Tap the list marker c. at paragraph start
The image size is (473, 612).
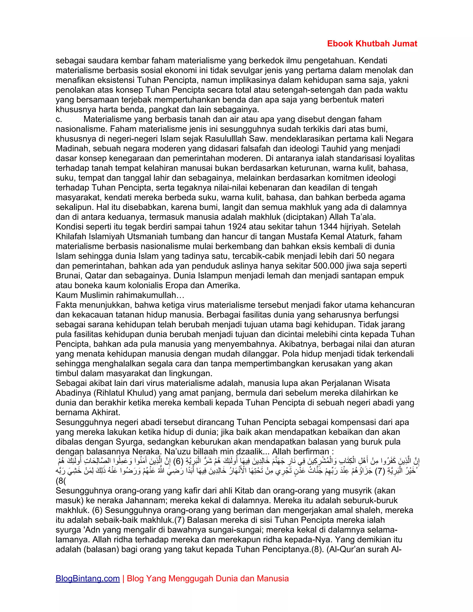(x=59, y=119)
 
